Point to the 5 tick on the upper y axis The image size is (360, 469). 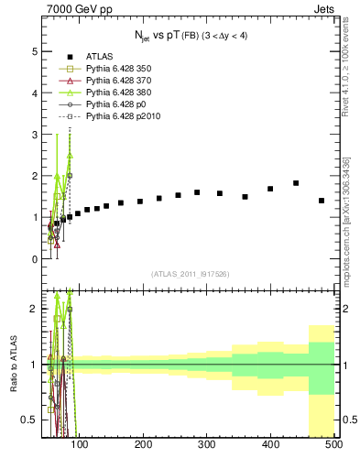pos(36,51)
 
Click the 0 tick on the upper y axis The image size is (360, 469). pos(36,259)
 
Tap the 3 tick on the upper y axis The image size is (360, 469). pos(36,135)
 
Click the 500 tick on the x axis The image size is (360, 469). pos(333,445)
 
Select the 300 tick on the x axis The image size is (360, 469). pos(206,445)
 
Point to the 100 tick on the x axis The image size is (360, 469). pos(80,445)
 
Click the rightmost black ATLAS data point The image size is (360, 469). pos(322,201)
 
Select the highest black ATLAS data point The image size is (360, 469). pos(296,183)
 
